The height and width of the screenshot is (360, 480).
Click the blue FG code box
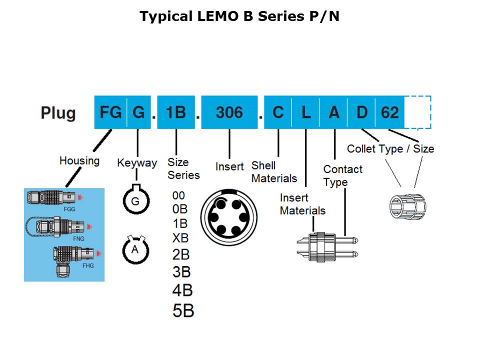tap(110, 112)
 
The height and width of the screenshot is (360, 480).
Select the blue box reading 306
tap(229, 112)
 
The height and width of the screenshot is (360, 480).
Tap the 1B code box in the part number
tap(176, 112)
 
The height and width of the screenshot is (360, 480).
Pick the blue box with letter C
tap(278, 112)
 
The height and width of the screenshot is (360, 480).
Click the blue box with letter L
tap(306, 112)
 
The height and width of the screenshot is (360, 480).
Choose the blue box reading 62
tap(389, 112)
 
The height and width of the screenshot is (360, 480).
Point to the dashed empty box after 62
tap(417, 112)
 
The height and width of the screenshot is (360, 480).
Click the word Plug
tap(58, 113)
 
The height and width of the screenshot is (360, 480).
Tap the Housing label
tap(79, 160)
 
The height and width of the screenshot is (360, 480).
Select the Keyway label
tap(137, 162)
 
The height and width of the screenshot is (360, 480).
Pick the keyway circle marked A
tap(134, 249)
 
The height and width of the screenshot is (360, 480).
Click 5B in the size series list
tap(183, 310)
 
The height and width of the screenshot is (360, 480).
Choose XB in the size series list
tap(180, 237)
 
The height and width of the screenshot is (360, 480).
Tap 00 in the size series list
tap(178, 195)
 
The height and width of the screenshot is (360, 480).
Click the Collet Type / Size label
tap(390, 148)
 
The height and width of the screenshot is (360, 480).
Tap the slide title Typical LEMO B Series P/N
tap(239, 16)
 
